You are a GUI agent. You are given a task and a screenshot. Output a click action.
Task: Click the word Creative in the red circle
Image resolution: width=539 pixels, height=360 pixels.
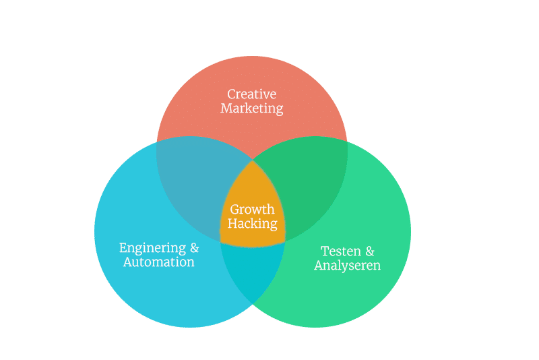[x=251, y=94]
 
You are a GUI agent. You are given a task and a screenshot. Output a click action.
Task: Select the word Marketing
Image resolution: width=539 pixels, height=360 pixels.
[x=251, y=108]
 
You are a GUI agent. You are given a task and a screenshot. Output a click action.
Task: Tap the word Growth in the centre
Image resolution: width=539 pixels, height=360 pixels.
[x=252, y=209]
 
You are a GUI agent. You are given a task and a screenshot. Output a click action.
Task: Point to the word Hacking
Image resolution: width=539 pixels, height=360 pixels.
[x=252, y=223]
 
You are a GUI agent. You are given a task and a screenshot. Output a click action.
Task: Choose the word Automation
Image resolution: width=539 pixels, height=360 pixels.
[x=158, y=262]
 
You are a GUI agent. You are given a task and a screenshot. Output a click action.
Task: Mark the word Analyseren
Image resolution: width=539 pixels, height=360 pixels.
[x=347, y=265]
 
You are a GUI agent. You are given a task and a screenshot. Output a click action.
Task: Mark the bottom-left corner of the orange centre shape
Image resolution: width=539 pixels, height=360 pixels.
[x=222, y=241]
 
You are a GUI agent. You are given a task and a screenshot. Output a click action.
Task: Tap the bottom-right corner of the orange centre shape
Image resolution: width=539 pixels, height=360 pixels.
[x=284, y=241]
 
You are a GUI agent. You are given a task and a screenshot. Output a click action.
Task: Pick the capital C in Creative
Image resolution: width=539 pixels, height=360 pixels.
[x=231, y=94]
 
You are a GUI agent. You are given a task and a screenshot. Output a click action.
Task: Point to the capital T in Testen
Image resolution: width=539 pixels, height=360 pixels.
[x=325, y=251]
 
